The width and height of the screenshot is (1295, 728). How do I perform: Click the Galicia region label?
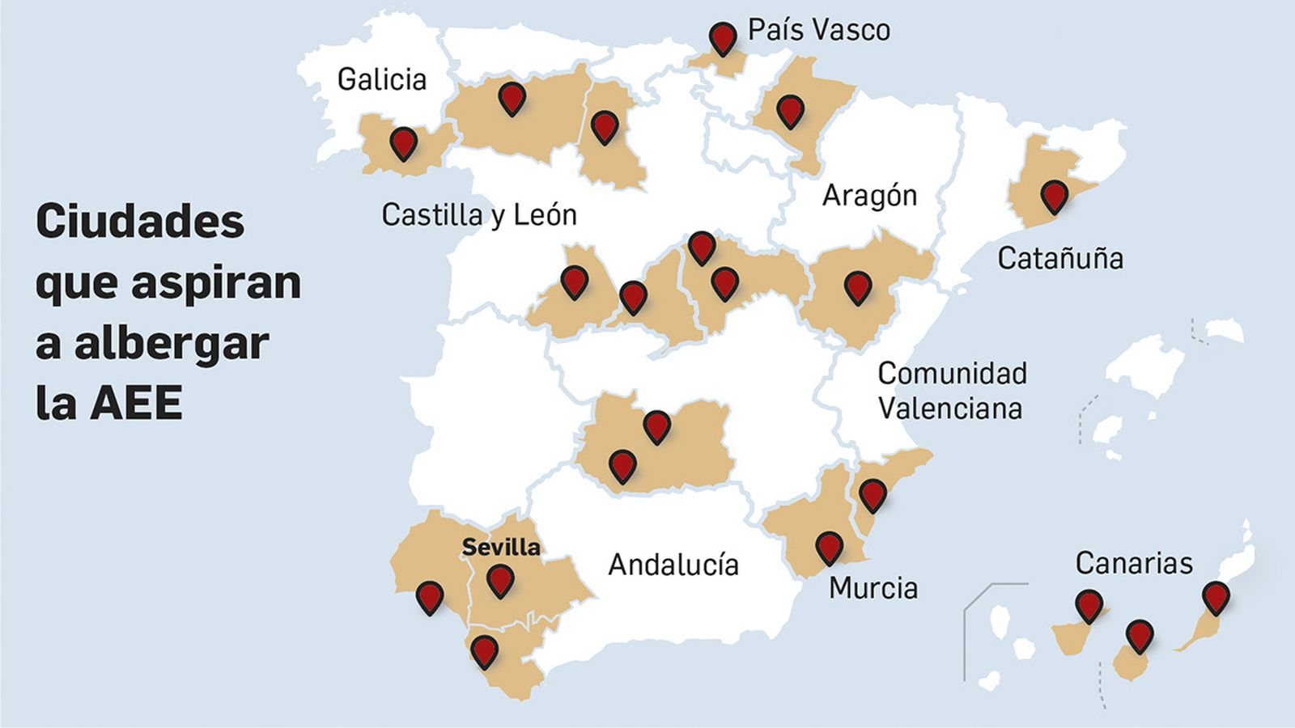coord(381,79)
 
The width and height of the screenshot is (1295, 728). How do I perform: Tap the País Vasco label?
coord(818,31)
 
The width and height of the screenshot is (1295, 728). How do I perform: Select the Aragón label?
coord(869,196)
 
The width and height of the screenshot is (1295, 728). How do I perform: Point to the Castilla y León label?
coord(479,215)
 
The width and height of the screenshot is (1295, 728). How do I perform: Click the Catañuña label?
coord(1059,259)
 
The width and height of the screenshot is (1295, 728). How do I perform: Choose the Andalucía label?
coord(673,565)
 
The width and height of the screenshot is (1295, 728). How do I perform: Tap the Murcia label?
coord(873,588)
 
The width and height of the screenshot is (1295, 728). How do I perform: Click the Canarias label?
coord(1134,563)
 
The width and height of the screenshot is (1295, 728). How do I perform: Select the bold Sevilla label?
coord(501,547)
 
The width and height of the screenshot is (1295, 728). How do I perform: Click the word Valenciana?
coord(949,408)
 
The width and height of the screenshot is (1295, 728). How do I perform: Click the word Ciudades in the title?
coord(140,221)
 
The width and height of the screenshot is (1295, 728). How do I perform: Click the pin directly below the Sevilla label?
coord(500,579)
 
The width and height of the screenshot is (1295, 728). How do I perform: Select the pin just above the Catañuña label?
coord(1053,196)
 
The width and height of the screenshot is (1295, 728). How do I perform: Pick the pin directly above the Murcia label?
coord(829,546)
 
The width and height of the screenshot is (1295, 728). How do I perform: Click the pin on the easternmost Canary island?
coord(1215,597)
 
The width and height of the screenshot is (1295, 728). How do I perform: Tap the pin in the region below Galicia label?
coord(403,142)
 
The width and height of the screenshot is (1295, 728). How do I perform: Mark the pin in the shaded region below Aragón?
coord(857,286)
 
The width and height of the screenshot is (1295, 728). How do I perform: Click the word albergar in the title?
coord(172,343)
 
